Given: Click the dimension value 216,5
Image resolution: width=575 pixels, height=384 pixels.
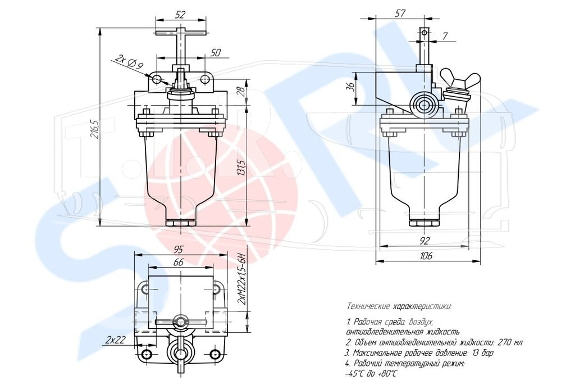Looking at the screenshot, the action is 94,130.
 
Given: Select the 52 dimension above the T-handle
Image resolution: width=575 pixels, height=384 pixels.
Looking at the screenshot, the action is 180,15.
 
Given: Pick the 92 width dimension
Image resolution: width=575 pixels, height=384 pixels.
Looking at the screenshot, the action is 424,241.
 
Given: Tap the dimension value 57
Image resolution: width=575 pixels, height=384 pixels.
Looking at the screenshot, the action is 400,13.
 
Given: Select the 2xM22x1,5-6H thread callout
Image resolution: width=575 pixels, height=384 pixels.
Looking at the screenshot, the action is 241,278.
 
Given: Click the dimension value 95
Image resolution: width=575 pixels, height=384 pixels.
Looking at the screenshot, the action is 178,250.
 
